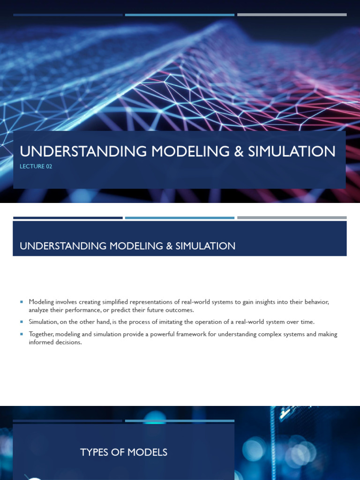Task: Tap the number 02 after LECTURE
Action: coord(49,166)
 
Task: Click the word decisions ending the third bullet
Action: coord(69,342)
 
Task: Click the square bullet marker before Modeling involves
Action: coord(22,302)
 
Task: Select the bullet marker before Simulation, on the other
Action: coord(22,322)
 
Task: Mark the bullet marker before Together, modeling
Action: coord(22,334)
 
